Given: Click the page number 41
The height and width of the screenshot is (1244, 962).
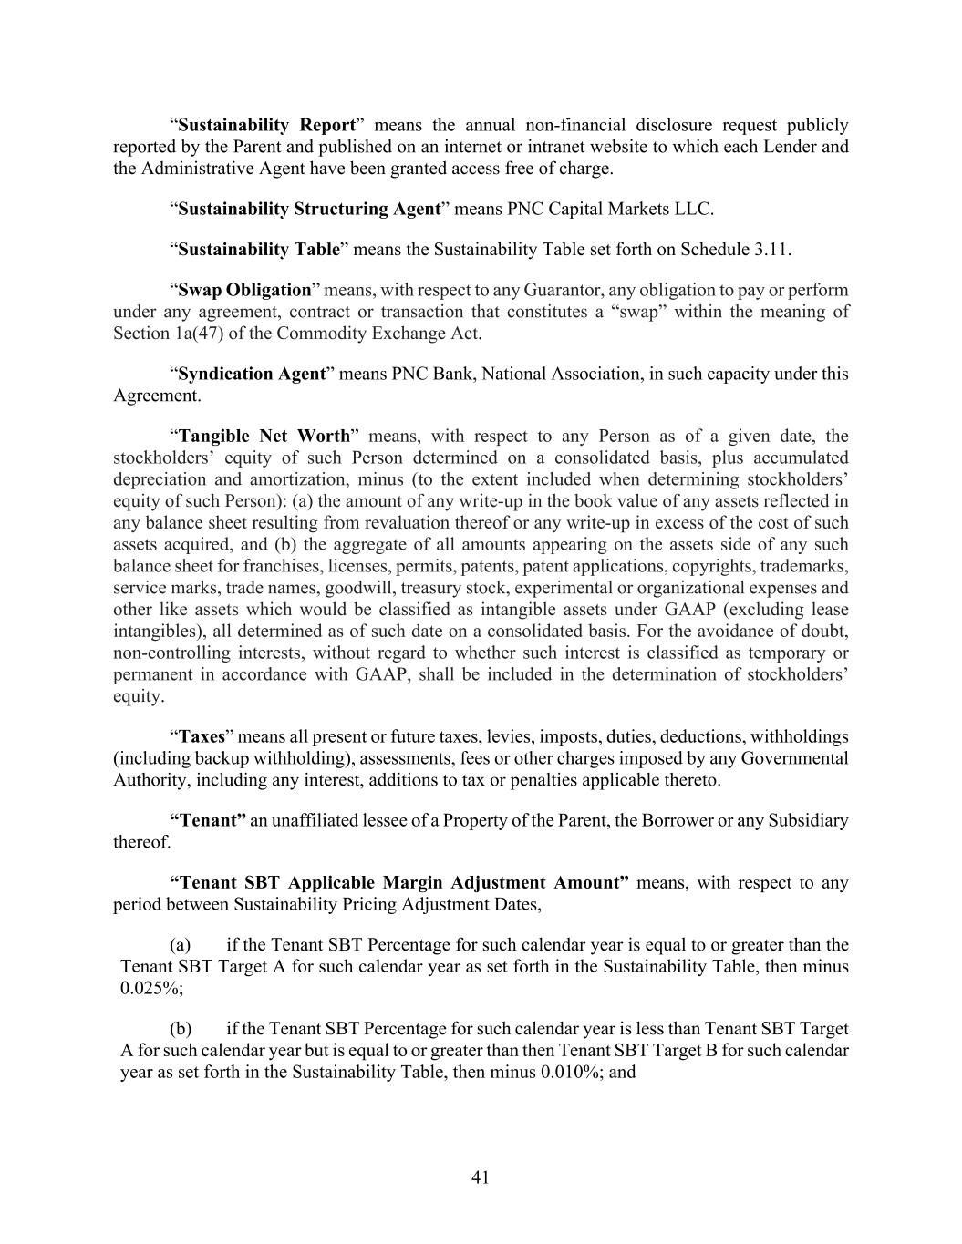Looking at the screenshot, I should (x=481, y=1177).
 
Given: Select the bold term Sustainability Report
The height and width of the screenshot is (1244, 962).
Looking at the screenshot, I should (x=266, y=125).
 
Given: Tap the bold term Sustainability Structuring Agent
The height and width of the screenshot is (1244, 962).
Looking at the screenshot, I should (x=309, y=209).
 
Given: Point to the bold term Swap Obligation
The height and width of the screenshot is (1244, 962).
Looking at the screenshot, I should (x=244, y=290).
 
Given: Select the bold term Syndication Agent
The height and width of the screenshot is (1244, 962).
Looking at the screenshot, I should (x=252, y=374).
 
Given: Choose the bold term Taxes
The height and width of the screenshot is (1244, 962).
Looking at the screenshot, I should (x=202, y=736).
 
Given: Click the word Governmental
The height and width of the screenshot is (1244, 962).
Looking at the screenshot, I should (x=794, y=758).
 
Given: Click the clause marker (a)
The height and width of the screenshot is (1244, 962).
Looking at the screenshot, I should (x=181, y=945).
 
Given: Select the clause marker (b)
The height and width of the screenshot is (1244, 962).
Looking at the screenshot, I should (x=181, y=1029).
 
